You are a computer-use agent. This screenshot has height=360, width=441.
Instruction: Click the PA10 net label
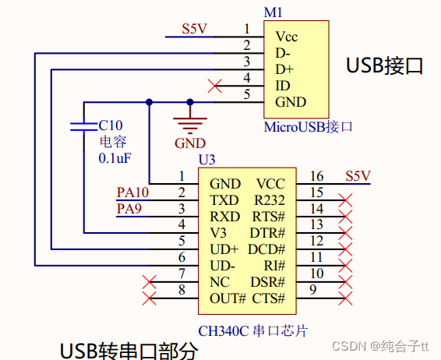[x=132, y=192]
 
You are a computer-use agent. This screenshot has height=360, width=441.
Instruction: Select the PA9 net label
[x=129, y=208]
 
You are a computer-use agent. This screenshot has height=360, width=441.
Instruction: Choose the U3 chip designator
[x=207, y=159]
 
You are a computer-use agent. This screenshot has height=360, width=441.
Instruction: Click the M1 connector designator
[x=273, y=13]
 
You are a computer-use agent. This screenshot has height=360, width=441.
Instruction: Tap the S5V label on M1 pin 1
[x=194, y=29]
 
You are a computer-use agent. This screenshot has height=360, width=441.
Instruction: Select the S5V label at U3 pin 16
[x=358, y=175]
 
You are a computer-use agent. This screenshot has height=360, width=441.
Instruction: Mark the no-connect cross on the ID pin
[x=216, y=85]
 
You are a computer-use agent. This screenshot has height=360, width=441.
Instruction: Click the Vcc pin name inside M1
[x=286, y=37]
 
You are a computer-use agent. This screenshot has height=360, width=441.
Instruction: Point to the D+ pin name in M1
[x=284, y=69]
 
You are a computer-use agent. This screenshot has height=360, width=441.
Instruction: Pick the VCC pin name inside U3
[x=270, y=184]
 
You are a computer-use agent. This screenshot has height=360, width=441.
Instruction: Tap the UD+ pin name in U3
[x=224, y=249]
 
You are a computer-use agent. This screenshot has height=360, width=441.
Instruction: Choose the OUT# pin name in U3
[x=228, y=298]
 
